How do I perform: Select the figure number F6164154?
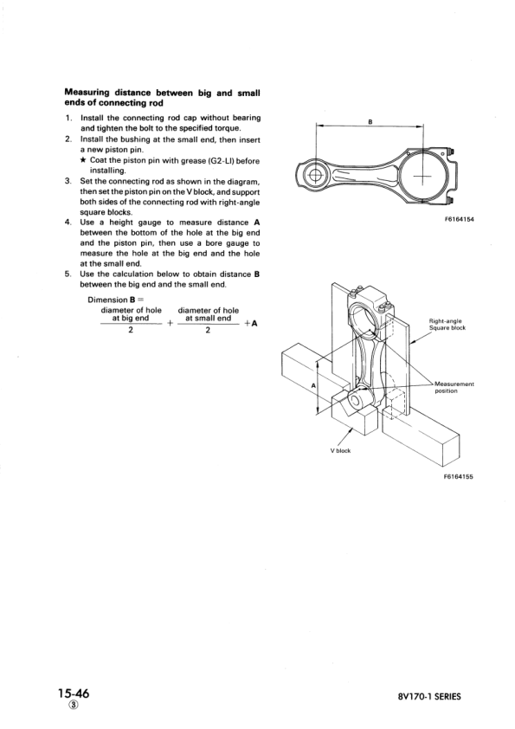click(459, 220)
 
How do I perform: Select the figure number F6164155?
click(459, 476)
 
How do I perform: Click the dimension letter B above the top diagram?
click(370, 122)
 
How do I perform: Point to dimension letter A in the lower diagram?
click(314, 383)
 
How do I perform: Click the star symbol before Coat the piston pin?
click(83, 160)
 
